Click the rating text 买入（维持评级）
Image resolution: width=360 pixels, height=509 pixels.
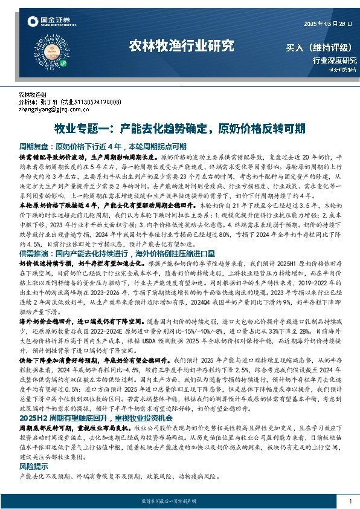point(321,47)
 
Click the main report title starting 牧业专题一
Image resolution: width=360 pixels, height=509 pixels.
point(179,129)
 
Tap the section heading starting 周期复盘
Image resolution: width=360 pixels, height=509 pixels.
point(103,146)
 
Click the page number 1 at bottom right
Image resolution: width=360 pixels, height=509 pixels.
point(350,502)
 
